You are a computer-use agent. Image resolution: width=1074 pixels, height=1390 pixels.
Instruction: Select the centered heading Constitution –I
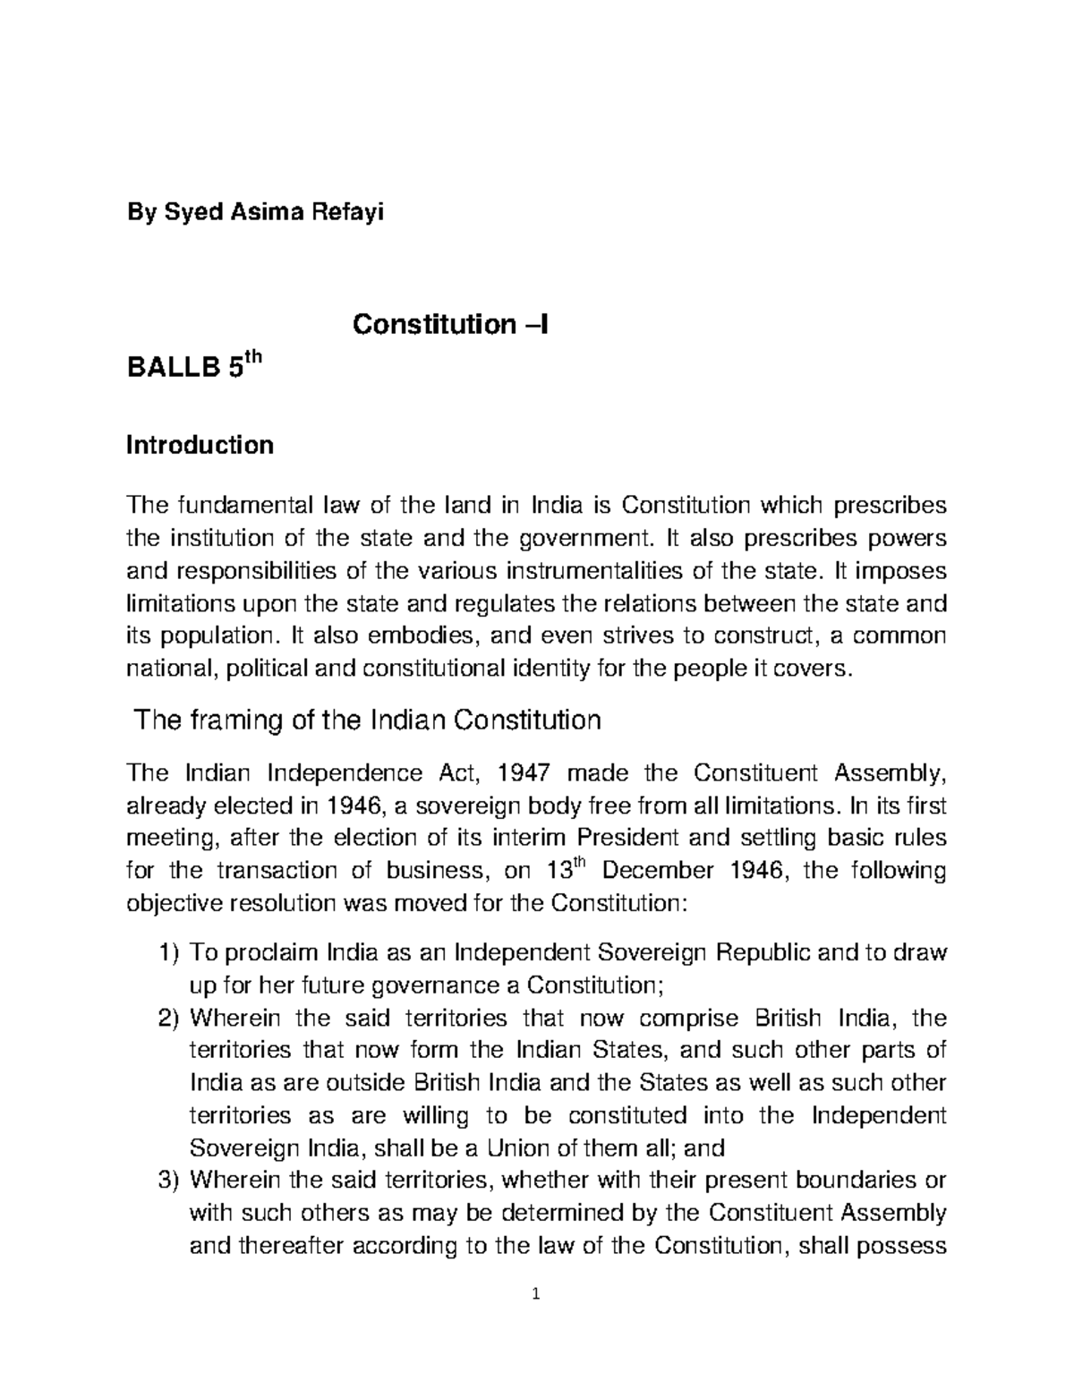[x=450, y=323]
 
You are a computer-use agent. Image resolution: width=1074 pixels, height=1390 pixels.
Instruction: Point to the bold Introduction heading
[x=200, y=445]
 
